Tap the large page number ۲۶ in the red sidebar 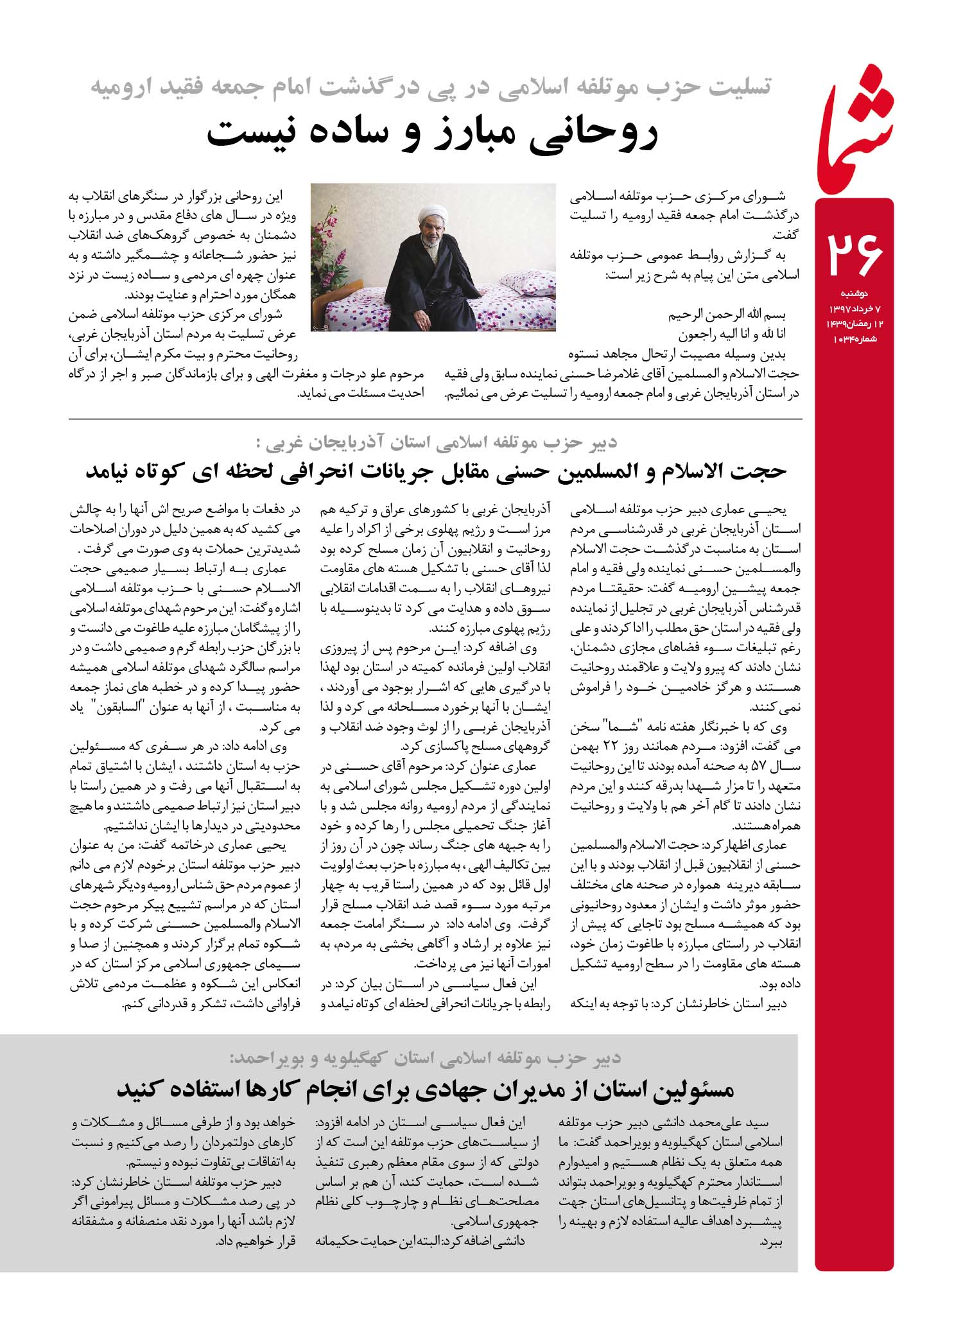tap(854, 253)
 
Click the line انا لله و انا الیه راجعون tap(732, 334)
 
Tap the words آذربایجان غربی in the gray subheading tap(321, 442)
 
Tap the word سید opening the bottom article tap(767, 1123)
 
